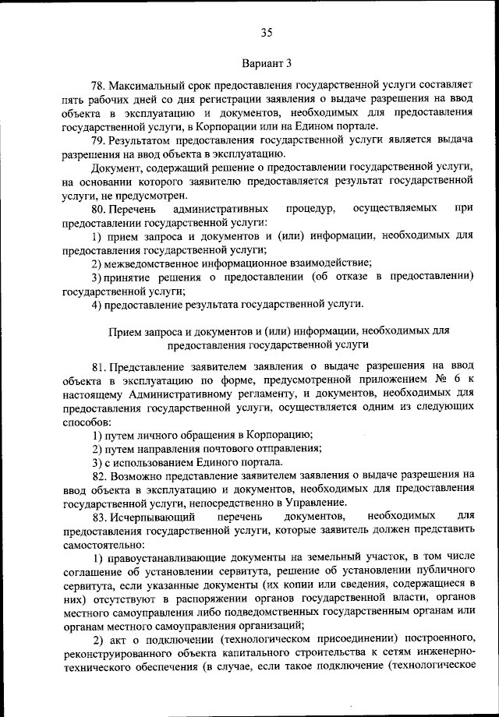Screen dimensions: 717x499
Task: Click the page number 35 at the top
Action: (266, 32)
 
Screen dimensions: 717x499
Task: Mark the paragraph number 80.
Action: (98, 210)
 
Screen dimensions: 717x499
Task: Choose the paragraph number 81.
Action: (98, 366)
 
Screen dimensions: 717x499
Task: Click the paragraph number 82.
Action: (98, 475)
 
